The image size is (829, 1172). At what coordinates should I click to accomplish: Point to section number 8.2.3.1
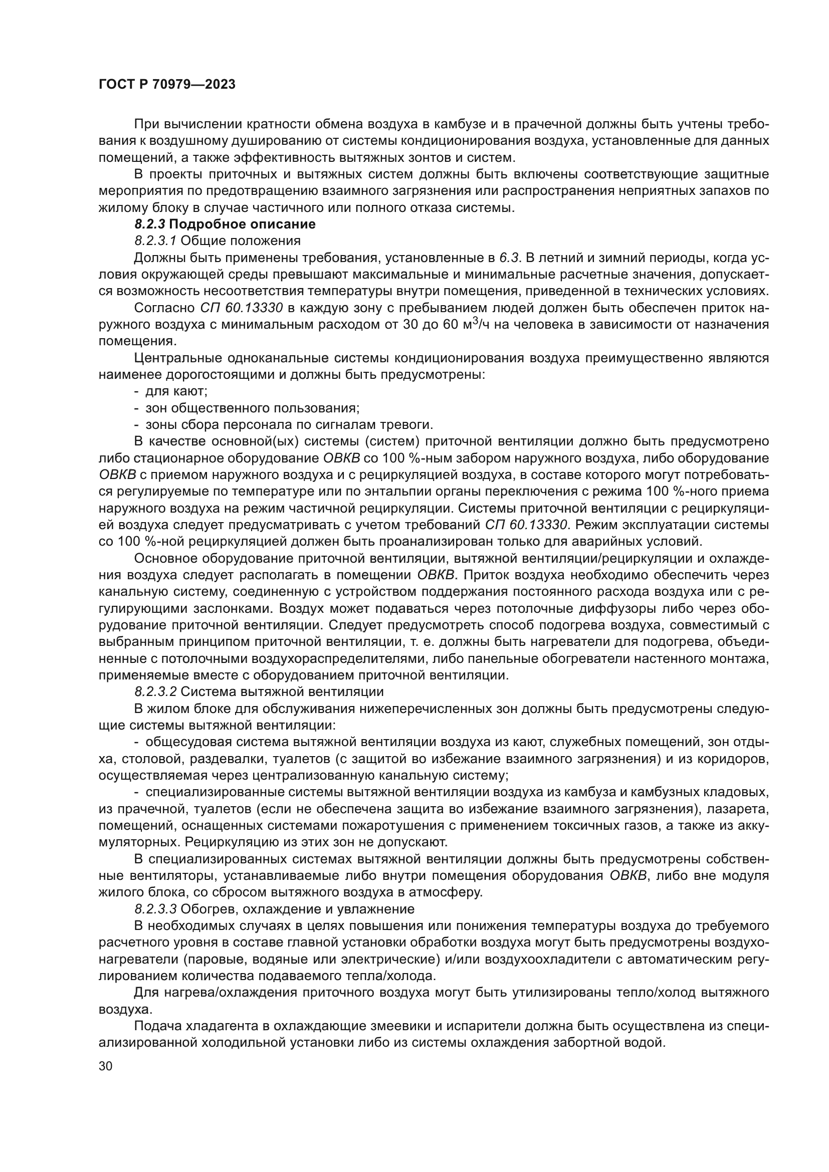(155, 241)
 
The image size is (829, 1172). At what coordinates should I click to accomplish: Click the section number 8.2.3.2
(156, 691)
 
